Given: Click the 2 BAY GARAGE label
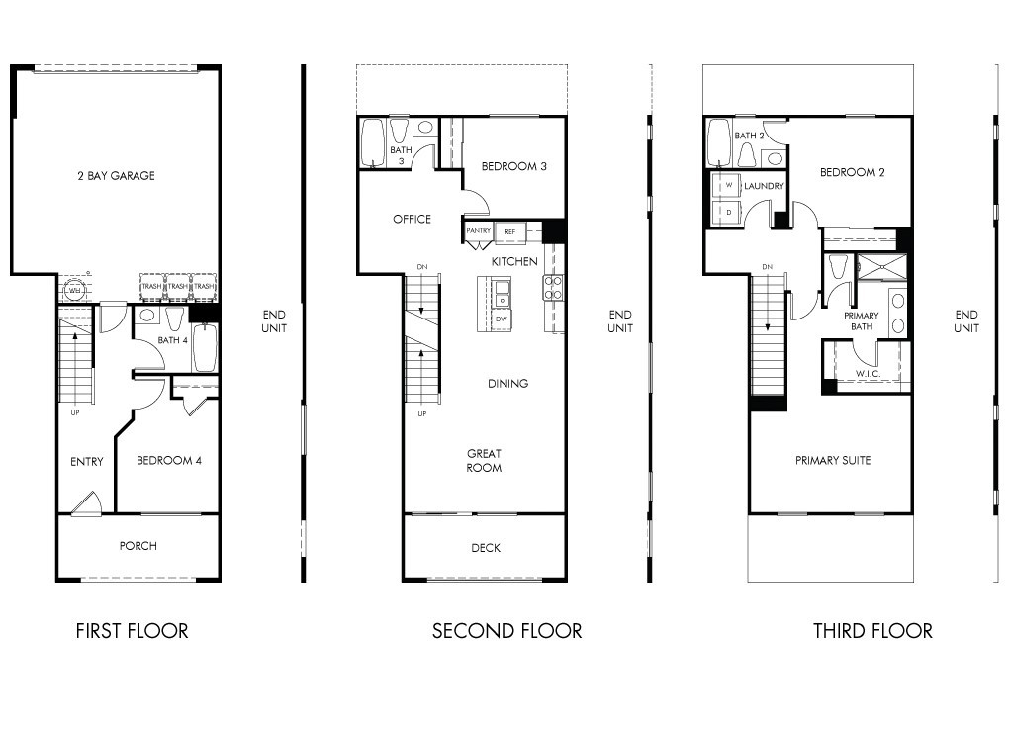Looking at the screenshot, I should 116,176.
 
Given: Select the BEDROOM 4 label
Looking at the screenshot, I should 169,460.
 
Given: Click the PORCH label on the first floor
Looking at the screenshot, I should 138,546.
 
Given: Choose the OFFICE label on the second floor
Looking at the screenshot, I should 412,219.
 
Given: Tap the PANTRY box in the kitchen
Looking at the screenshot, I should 478,231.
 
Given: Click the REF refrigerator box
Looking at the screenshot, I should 510,231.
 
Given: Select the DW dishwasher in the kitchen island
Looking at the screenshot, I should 501,319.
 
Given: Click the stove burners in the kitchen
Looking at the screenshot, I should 552,287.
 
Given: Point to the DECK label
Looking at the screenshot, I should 486,548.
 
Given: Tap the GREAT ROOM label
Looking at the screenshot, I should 485,461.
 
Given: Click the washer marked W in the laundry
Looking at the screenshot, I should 728,186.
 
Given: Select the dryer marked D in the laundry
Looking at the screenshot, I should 728,212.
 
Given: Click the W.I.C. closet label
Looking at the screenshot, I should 868,374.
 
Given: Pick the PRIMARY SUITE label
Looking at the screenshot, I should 833,460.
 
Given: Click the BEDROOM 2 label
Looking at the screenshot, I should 852,172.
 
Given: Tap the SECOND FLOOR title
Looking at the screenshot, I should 506,631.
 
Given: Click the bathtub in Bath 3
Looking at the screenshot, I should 373,141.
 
